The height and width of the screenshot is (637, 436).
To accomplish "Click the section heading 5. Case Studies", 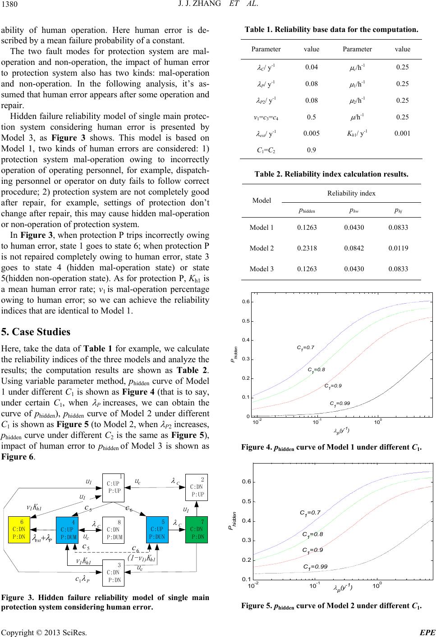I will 36,332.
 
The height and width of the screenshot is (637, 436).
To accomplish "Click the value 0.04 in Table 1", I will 312,67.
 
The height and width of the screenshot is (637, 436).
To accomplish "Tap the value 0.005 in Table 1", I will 312,133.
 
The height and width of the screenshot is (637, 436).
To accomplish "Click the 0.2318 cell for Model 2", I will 307,248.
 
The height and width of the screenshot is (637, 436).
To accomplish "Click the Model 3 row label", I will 262,269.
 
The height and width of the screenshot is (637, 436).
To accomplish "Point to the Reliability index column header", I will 351,193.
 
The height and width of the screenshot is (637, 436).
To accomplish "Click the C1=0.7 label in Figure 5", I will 310,513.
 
